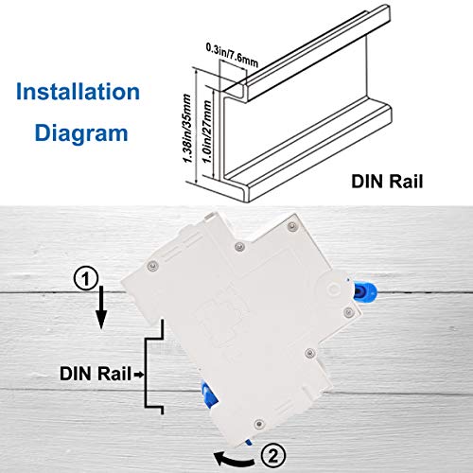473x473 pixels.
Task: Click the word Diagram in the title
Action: click(x=83, y=132)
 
